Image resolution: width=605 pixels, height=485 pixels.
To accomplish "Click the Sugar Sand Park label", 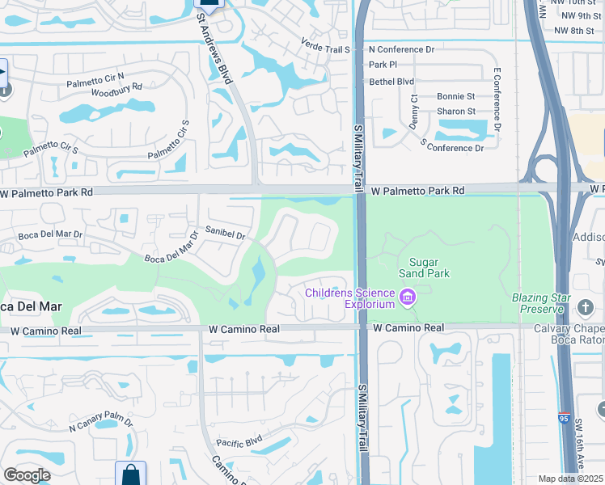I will [x=429, y=268].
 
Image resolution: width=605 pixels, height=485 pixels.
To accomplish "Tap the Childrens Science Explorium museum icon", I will [x=408, y=298].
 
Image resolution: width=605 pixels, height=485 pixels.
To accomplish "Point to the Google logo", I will [x=27, y=475].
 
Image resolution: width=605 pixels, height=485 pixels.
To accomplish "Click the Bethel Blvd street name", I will [x=391, y=82].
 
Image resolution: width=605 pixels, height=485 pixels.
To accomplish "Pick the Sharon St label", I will [x=456, y=112].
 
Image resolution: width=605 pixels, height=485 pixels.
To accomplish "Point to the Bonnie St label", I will [x=455, y=96].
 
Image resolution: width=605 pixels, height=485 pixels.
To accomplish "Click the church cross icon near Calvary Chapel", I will [x=586, y=307].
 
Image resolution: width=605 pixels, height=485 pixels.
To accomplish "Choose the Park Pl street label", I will [x=383, y=64].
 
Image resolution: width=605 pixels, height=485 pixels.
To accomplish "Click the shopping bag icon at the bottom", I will [x=130, y=474].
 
